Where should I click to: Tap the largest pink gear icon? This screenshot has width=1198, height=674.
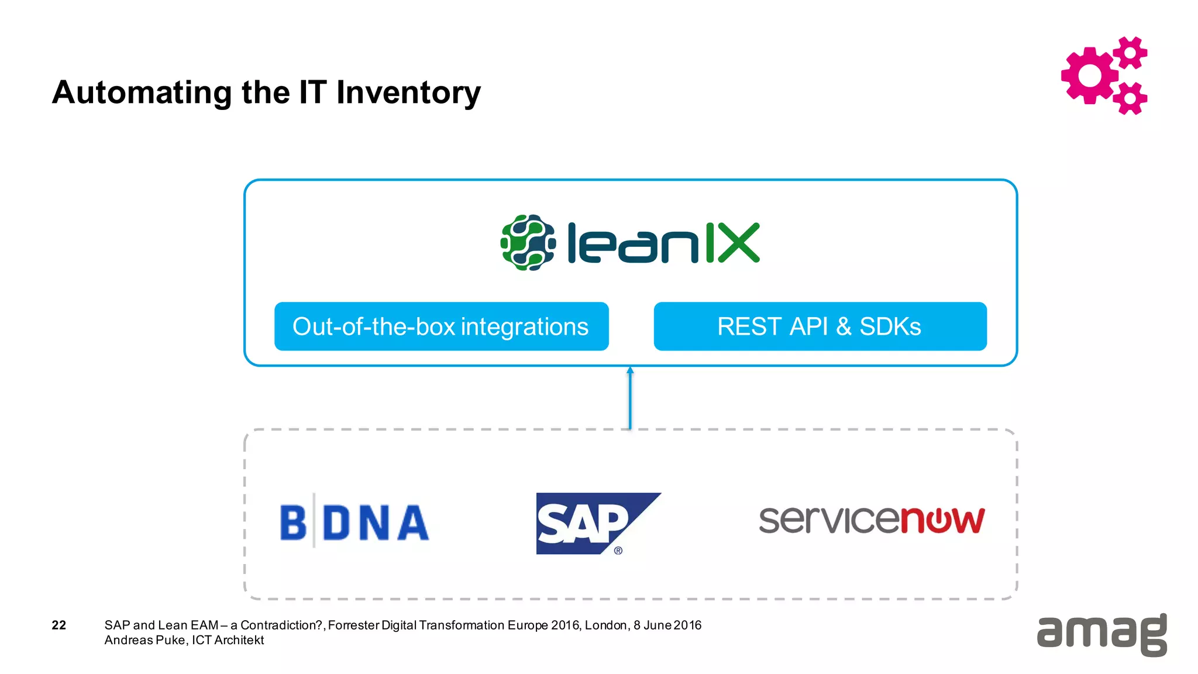[1089, 75]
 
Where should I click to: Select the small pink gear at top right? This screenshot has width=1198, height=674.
[1130, 53]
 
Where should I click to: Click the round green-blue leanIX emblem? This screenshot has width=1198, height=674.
[528, 243]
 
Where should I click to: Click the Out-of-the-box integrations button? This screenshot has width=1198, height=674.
[441, 326]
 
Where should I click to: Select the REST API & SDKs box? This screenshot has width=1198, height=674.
[820, 326]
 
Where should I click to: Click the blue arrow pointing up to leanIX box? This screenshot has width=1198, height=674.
[630, 398]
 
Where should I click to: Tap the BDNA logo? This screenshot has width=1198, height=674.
[354, 522]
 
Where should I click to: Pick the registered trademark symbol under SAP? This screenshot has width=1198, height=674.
[618, 551]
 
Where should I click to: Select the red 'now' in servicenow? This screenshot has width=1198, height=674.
[942, 520]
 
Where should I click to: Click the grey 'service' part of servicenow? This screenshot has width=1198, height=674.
[829, 520]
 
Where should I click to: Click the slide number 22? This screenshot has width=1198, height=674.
[59, 625]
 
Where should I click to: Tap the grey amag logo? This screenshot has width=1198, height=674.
[1101, 635]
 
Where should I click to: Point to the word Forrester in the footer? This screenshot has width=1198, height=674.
[353, 625]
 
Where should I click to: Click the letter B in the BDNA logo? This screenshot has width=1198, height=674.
[293, 522]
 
